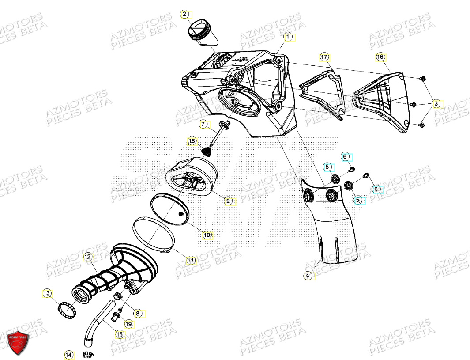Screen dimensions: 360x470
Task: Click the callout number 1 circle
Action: [x=288, y=37]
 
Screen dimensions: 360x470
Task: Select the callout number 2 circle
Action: [x=184, y=15]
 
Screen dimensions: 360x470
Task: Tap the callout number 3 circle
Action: [x=436, y=104]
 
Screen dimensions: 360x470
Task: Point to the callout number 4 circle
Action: [x=307, y=276]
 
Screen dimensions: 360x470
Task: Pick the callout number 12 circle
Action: [x=87, y=257]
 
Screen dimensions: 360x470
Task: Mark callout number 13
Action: [x=59, y=293]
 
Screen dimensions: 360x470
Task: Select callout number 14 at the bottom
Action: [x=68, y=354]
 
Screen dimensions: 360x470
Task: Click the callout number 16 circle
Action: [x=380, y=57]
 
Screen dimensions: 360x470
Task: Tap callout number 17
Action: [x=324, y=57]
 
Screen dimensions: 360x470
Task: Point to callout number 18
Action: [x=192, y=141]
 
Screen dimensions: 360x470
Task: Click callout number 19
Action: [x=128, y=324]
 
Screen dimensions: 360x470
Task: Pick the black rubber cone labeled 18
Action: [x=206, y=152]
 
